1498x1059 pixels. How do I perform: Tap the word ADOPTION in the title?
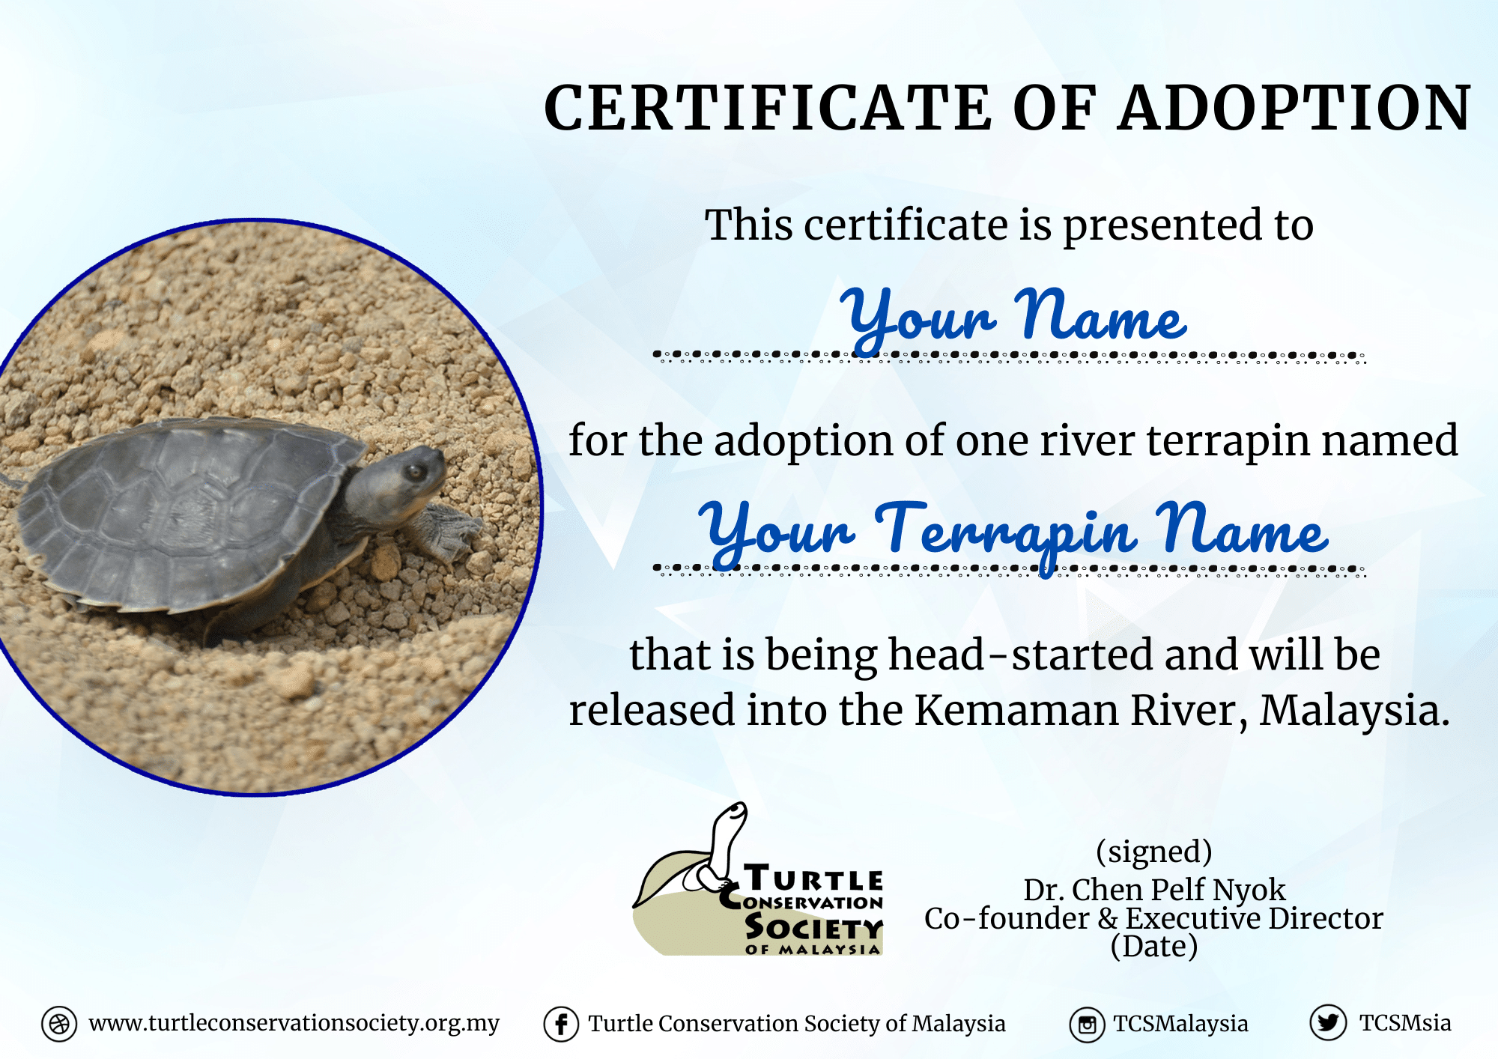[1295, 108]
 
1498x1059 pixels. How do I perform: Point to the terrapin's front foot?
[450, 531]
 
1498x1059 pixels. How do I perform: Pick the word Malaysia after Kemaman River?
[1355, 711]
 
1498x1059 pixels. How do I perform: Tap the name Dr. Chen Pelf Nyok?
[1154, 890]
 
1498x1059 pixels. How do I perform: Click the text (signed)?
[1153, 852]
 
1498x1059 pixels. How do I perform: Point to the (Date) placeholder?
[1154, 947]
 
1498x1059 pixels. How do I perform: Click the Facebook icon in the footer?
[561, 1024]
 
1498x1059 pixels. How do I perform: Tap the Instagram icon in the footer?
[1088, 1024]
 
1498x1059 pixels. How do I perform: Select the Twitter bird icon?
[1328, 1022]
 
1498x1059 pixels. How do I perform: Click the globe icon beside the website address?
[59, 1024]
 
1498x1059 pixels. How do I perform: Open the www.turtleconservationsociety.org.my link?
[294, 1024]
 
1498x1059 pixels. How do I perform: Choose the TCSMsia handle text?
[1405, 1023]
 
